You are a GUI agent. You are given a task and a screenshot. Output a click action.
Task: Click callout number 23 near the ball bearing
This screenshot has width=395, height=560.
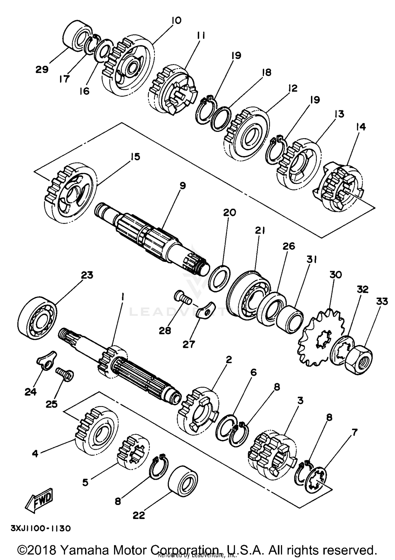click(87, 276)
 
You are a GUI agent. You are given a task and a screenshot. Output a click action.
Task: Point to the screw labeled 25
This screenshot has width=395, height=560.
click(65, 374)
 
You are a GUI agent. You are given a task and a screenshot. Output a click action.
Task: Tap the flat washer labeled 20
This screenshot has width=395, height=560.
click(219, 279)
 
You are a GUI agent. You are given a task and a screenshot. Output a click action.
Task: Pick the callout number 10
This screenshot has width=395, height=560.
click(176, 21)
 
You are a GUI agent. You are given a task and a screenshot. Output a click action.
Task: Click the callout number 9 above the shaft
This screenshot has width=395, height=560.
click(182, 186)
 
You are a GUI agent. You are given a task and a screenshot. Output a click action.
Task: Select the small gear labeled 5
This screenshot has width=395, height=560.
click(133, 451)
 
